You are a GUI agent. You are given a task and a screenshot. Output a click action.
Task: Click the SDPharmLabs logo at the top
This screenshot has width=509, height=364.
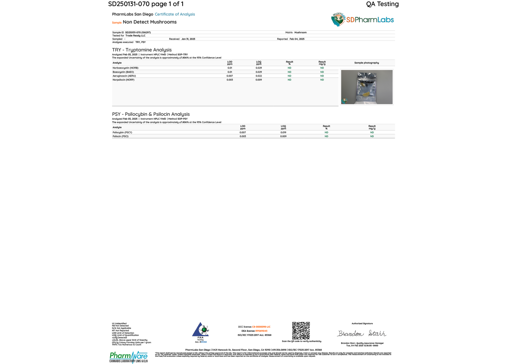(362, 20)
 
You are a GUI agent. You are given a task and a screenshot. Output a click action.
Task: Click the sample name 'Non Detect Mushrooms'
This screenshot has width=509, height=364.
(150, 22)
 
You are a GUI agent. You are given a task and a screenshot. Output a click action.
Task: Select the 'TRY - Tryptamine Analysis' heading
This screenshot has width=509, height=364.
(142, 50)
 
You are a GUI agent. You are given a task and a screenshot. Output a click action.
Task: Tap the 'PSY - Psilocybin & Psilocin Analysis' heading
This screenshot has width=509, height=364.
(151, 114)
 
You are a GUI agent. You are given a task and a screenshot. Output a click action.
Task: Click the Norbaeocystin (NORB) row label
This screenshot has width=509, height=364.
(125, 68)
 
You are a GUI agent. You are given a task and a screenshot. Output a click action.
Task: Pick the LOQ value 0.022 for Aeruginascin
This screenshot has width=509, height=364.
(259, 76)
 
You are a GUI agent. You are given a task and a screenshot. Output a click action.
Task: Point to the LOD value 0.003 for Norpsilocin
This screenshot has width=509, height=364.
(230, 80)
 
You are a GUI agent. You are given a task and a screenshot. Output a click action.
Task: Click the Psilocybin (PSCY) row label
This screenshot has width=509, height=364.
(122, 133)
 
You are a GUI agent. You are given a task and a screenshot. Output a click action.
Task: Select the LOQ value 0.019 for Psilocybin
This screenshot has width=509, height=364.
(283, 133)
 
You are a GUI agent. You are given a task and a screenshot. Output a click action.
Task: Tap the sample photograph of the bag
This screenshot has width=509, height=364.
(367, 87)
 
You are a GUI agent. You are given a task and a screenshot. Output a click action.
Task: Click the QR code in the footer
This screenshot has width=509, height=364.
(301, 331)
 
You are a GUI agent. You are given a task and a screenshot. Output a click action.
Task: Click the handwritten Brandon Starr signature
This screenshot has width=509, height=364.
(362, 333)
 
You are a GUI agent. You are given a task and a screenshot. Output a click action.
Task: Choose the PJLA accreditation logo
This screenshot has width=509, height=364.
(201, 330)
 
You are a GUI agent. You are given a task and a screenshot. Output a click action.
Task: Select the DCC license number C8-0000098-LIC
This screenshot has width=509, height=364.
(261, 327)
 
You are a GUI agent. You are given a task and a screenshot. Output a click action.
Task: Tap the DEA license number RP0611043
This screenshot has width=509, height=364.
(261, 331)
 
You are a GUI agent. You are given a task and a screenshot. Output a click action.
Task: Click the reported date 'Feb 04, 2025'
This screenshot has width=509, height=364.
(297, 39)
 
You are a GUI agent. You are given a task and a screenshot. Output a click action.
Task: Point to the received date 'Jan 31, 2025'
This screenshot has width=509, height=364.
(188, 39)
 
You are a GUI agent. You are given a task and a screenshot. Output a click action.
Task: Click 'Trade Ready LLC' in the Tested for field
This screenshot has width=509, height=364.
(135, 36)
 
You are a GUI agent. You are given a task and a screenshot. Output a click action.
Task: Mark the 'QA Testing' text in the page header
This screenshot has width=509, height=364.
(382, 4)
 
